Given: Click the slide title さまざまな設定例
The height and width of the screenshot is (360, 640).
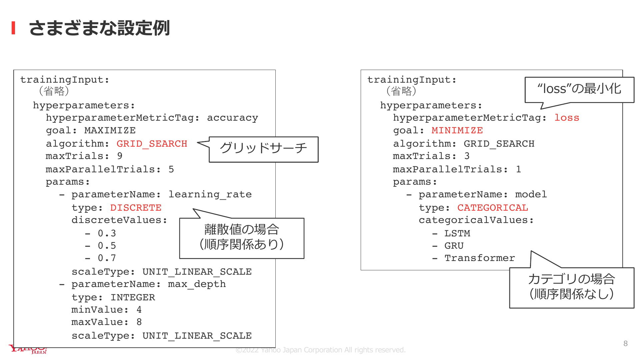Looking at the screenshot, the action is [x=99, y=28].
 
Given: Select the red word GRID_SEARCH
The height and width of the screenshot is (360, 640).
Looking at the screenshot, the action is [x=152, y=144].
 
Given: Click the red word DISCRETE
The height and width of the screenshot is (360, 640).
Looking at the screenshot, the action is [x=136, y=208].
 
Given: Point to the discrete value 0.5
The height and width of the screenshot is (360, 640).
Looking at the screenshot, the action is [x=107, y=246].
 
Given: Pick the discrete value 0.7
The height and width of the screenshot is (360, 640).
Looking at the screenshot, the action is [x=107, y=258].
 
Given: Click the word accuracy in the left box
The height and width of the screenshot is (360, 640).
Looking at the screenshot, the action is [x=232, y=118].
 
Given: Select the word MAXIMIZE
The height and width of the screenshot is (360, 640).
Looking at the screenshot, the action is [x=110, y=130].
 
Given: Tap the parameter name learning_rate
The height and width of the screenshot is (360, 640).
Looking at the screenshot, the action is [x=210, y=195].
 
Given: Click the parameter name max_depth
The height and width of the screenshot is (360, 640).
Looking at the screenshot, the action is [x=197, y=284].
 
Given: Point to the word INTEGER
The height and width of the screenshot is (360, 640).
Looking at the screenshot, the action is [x=133, y=297].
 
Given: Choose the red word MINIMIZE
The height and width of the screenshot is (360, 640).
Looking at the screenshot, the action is [x=457, y=130].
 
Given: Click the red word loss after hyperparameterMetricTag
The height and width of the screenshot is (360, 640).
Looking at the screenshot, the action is [x=567, y=118].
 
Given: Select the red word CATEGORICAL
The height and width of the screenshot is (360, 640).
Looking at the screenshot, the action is [x=493, y=208].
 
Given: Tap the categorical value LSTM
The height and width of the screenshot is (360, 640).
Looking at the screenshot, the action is [x=457, y=233].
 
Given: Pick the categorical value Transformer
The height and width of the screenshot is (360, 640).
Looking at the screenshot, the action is [x=480, y=258].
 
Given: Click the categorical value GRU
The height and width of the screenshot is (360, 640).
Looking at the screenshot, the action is [x=454, y=246].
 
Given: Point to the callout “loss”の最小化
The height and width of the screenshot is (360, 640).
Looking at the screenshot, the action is [x=579, y=89].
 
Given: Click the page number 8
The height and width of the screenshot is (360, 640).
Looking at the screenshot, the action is [x=625, y=343].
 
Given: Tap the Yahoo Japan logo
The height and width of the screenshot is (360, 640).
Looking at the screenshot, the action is [x=28, y=349].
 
